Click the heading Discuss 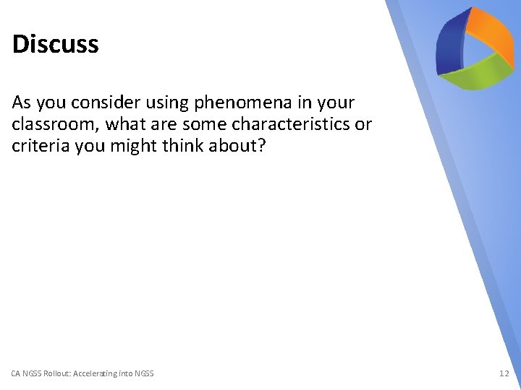[x=55, y=44]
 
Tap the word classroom [x=55, y=124]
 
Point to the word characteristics [x=290, y=124]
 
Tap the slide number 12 [x=504, y=373]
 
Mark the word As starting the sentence [x=22, y=103]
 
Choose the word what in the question [x=126, y=124]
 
